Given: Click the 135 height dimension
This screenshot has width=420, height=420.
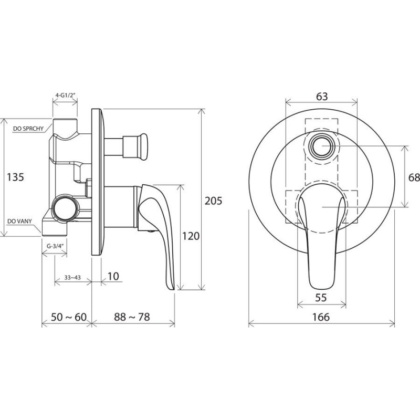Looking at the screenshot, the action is tap(15, 177).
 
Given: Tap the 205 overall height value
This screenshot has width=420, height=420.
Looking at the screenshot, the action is tap(214, 201).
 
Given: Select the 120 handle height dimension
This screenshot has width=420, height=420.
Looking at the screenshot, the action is tap(191, 236).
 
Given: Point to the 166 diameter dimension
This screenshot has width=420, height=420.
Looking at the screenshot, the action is tap(321, 317).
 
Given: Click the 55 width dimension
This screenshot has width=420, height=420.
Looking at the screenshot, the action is tap(321, 297).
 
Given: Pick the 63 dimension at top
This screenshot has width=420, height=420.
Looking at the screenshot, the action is tap(322, 96).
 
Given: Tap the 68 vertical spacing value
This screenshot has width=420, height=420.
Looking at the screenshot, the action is tap(414, 177).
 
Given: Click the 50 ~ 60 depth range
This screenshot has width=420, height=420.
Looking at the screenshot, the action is tap(69, 317).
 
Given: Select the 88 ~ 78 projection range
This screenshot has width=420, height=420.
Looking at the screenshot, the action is tap(132, 317).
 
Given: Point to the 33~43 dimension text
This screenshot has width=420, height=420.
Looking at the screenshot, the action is tap(72, 278).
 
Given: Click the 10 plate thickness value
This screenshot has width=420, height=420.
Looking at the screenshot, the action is tap(113, 276).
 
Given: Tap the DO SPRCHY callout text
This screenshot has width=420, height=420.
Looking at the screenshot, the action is tap(28, 129).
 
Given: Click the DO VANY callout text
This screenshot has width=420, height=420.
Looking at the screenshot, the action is tap(19, 221).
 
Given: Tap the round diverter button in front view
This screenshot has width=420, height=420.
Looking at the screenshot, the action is tap(322, 146).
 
